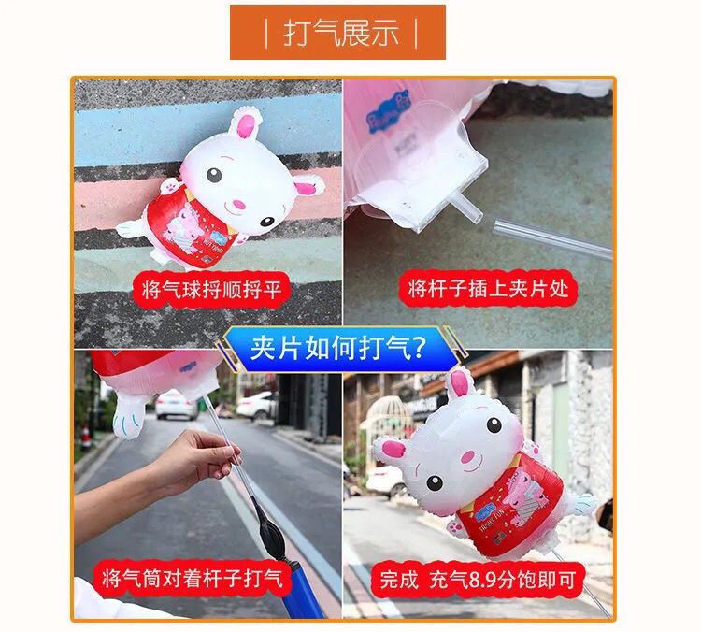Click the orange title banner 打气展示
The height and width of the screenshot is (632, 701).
tap(337, 32)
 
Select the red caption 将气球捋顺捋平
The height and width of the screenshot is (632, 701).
tap(211, 290)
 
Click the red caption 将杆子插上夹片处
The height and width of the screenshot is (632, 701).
tap(488, 288)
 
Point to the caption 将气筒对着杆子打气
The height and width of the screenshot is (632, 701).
tap(193, 579)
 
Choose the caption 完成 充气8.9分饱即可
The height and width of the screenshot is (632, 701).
tap(477, 580)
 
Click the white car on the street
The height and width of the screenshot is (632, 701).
tap(177, 404)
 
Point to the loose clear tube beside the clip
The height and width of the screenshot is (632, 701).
tap(553, 238)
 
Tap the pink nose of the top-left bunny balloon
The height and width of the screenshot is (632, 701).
tap(239, 205)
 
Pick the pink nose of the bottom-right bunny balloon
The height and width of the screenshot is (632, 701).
tap(467, 456)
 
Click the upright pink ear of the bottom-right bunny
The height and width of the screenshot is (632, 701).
tap(459, 383)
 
